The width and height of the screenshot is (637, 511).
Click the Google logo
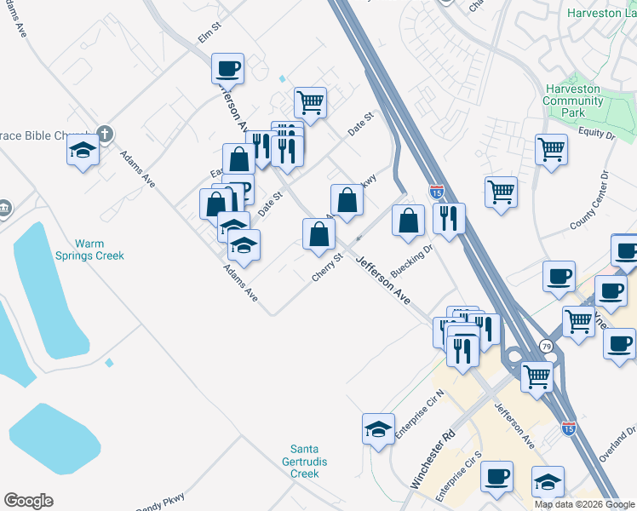tap(28, 501)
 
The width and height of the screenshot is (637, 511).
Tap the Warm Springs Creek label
tap(89, 250)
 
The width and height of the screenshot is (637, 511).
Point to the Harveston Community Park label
tap(574, 100)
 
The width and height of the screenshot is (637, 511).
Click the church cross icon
tap(104, 134)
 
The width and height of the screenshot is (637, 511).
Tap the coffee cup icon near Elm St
tap(228, 67)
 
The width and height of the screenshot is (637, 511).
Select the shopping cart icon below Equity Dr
tap(552, 148)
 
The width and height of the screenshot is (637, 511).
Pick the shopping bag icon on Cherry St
tap(318, 233)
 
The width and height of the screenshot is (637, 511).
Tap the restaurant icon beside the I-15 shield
tap(449, 217)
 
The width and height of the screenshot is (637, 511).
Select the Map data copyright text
tap(583, 504)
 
